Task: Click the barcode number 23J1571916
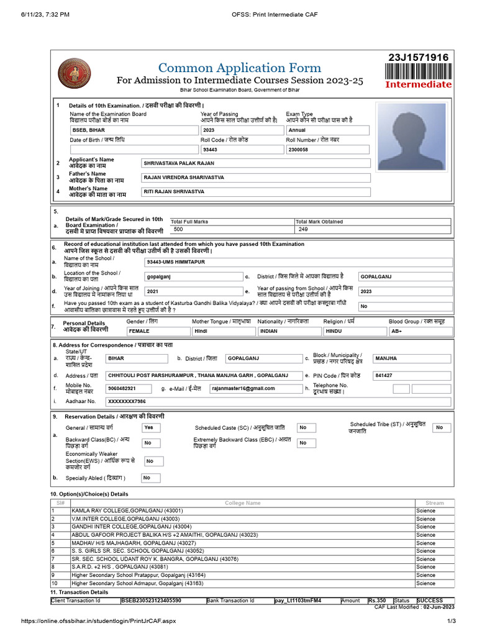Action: click(418, 58)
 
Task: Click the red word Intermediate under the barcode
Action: click(419, 84)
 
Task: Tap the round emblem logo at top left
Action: click(74, 75)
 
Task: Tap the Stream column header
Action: click(434, 502)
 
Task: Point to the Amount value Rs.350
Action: click(376, 601)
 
